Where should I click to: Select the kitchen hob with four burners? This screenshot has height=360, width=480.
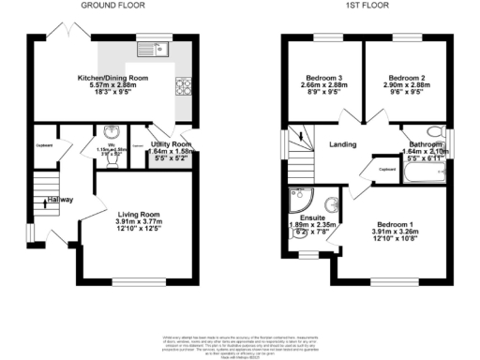pos(180,88)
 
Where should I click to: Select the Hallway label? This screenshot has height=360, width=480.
pos(60,200)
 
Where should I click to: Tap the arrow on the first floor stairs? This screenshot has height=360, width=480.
pos(300,138)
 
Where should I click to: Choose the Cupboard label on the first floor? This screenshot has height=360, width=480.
pos(387,169)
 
